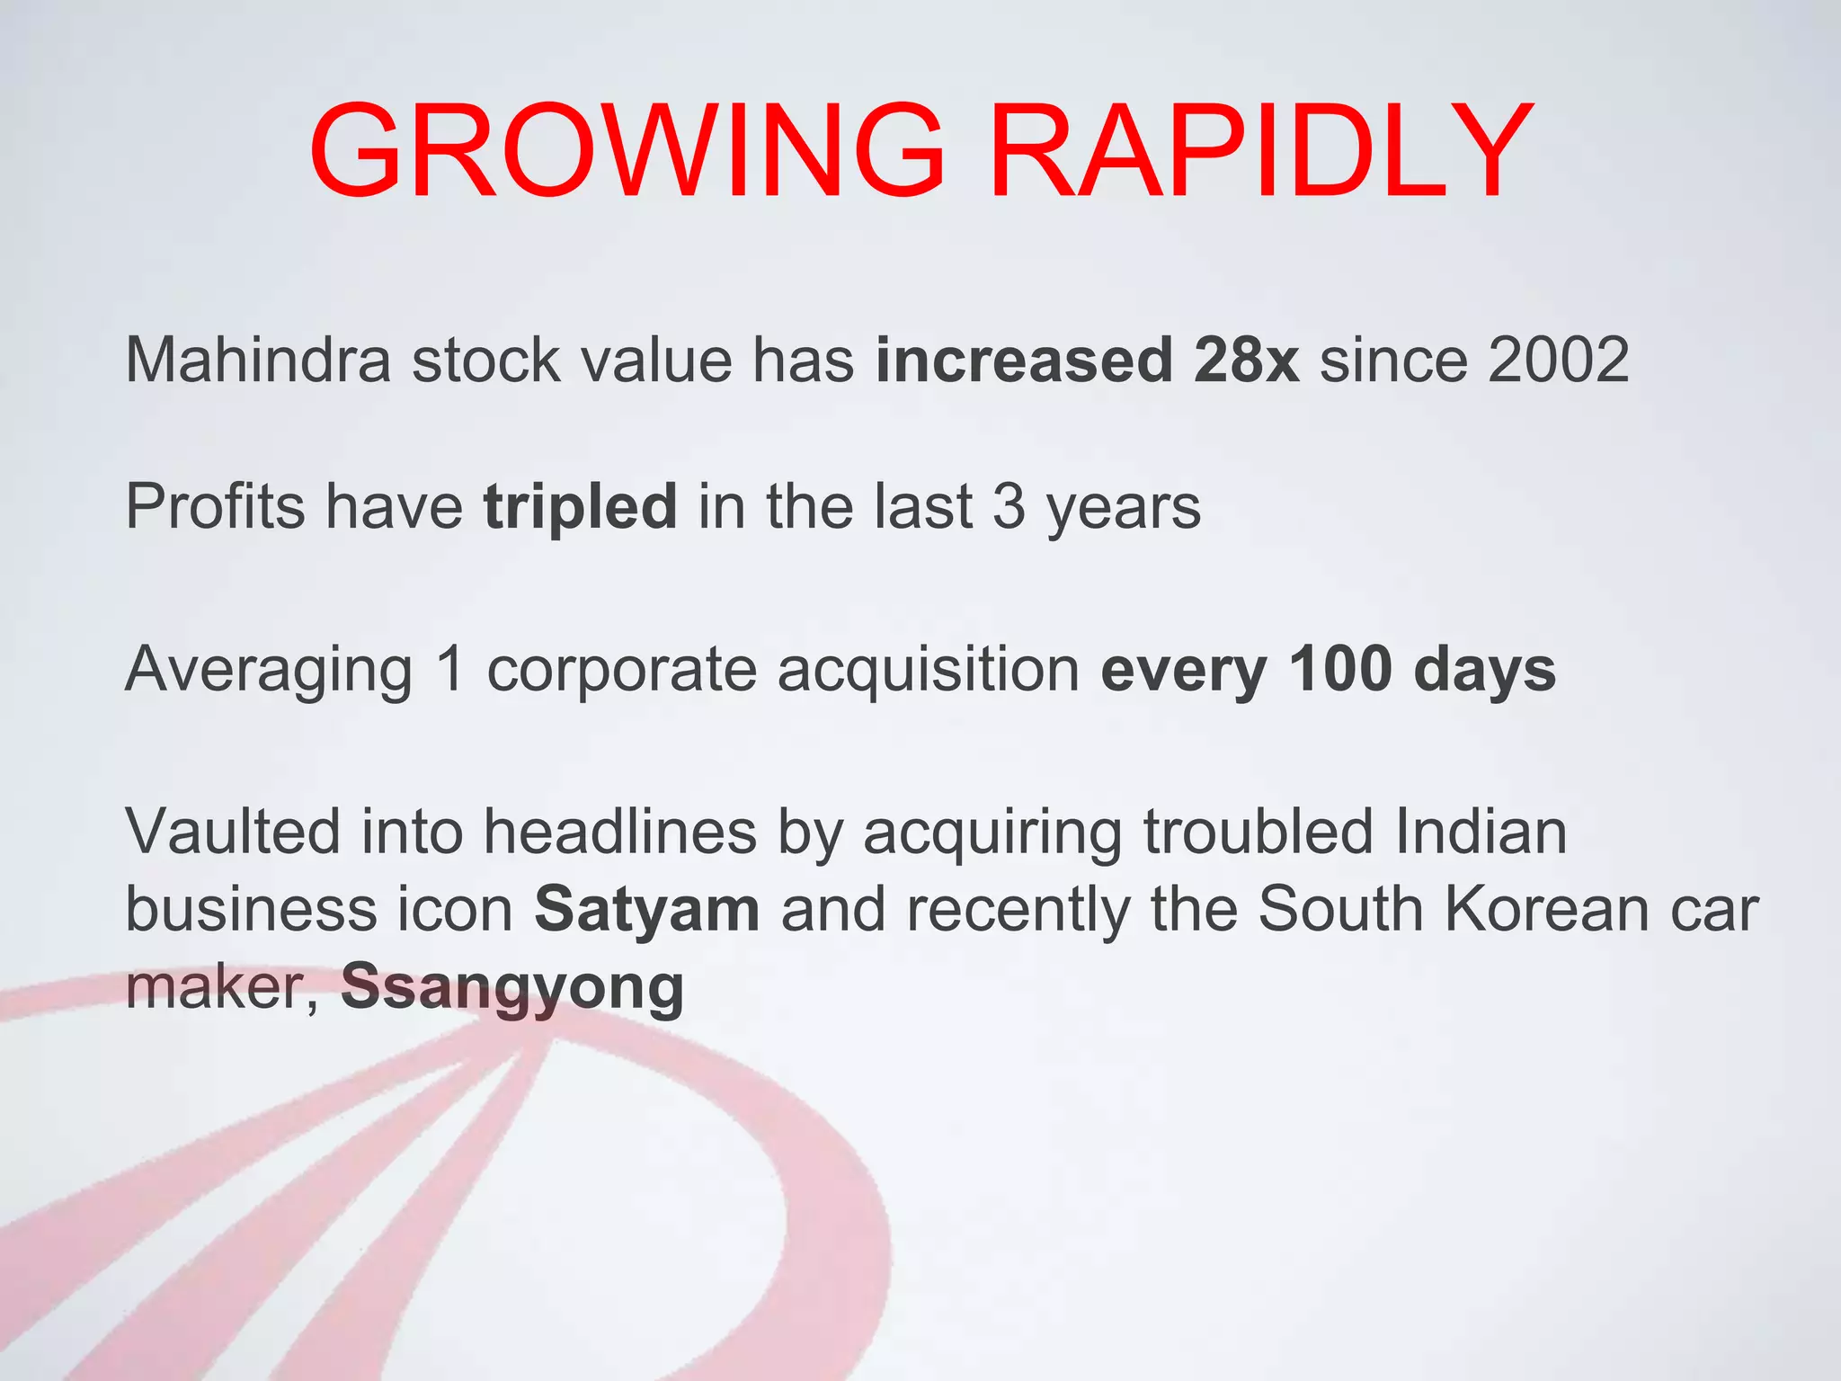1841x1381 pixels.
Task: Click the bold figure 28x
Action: tap(1246, 361)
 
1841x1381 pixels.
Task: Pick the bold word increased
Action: tap(1024, 361)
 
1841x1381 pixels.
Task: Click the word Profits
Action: tap(215, 507)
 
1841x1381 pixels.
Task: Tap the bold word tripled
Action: tap(580, 507)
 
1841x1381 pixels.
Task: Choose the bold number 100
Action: tap(1340, 670)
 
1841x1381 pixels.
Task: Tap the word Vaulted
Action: tap(233, 832)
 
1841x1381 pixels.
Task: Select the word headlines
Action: tap(620, 832)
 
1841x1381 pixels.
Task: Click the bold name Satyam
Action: tap(647, 911)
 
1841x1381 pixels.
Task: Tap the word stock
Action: tap(485, 361)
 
